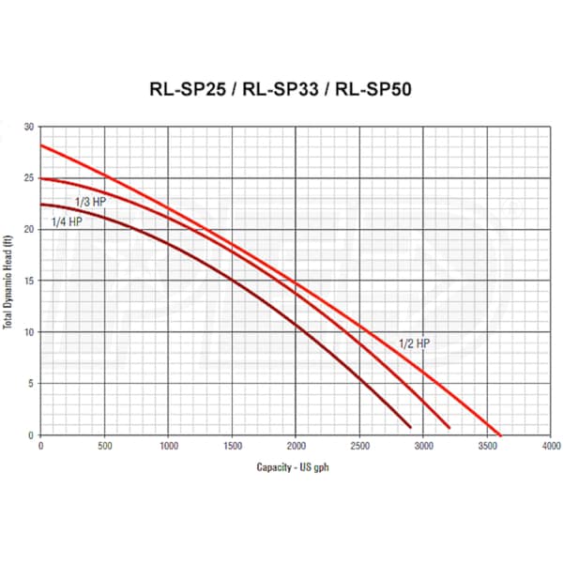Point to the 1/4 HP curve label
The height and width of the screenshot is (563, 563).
pos(65,221)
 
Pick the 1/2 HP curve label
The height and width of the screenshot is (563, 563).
pos(414,343)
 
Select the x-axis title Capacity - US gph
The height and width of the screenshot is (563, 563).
pos(294,466)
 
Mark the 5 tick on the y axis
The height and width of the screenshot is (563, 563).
pos(31,383)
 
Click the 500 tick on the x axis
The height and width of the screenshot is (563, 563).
pos(104,445)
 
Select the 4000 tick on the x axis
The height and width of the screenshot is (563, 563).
pos(550,445)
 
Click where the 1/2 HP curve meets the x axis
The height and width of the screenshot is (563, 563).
pos(500,434)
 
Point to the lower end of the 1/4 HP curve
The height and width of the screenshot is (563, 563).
pos(410,427)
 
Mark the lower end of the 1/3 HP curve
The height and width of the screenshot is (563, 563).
pos(449,427)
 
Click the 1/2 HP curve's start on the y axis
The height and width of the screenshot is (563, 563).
pos(40,145)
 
